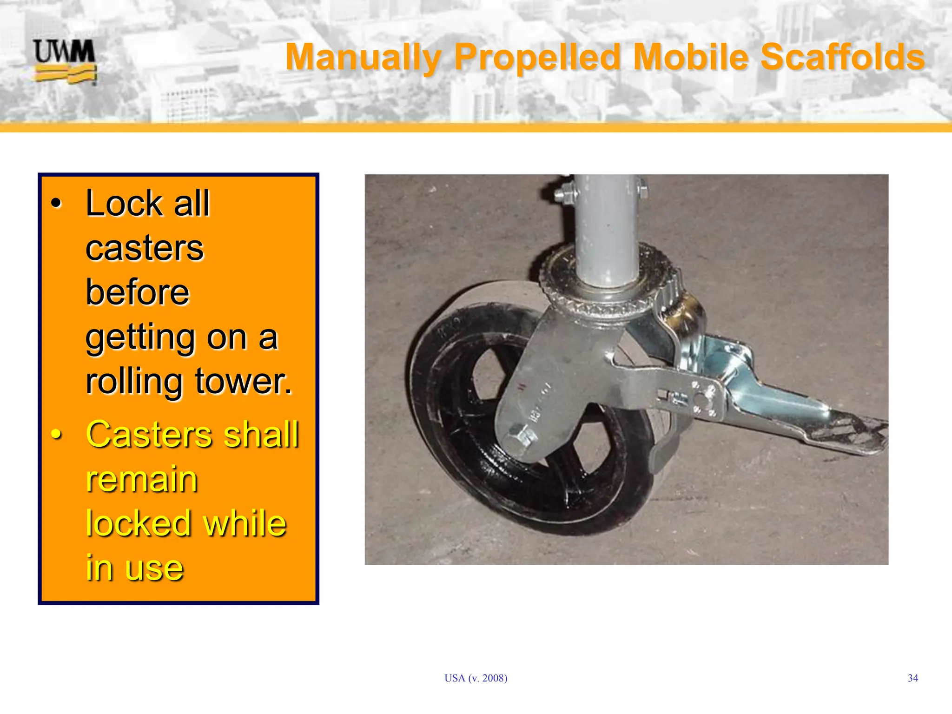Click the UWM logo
tap(65, 61)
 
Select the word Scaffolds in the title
tap(842, 57)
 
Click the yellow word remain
tap(142, 479)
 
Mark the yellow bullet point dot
tap(56, 435)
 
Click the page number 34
tap(912, 678)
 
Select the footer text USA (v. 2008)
tap(476, 678)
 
